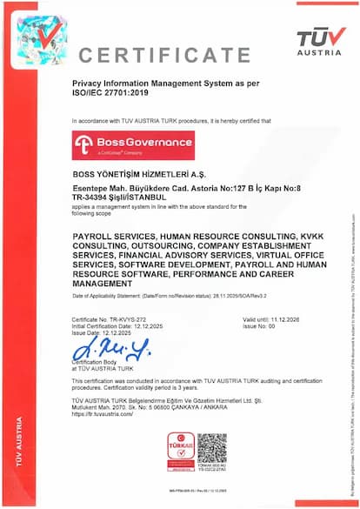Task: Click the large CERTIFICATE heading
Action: [165, 55]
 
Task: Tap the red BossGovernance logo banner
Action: [133, 145]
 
